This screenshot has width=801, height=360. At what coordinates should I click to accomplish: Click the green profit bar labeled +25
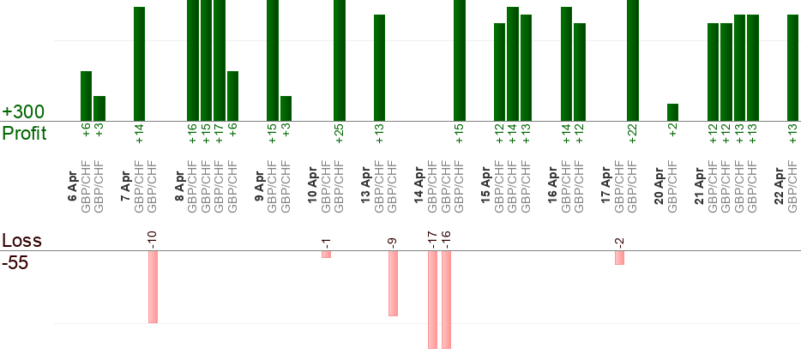pos(340,60)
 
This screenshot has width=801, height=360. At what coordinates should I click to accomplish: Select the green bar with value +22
pos(633,60)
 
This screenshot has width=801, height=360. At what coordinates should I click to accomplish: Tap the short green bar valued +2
pos(672,112)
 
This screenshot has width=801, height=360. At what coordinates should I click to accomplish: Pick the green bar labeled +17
pos(220,60)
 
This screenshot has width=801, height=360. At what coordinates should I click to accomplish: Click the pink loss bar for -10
pos(153,286)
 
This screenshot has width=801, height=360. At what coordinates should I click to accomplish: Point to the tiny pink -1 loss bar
pos(326,255)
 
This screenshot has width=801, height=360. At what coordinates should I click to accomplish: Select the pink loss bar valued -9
pos(393,283)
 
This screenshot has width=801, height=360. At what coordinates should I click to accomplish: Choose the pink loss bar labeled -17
pos(432,299)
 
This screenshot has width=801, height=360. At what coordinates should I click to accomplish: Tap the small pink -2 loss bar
pos(619,257)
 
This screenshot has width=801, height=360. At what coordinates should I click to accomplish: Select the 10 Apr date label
pos(312,183)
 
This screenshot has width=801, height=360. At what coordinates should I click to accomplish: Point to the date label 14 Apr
pos(419,183)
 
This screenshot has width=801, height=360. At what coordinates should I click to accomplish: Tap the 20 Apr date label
pos(659,183)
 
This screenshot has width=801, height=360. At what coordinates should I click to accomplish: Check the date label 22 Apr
pos(779,183)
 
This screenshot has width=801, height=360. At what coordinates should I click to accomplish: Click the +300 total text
pos(23,112)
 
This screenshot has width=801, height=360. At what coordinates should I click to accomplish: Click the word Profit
pos(25,134)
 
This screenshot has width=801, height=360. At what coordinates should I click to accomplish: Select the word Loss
pos(21,240)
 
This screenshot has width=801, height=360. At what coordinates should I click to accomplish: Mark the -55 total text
pos(15,262)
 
